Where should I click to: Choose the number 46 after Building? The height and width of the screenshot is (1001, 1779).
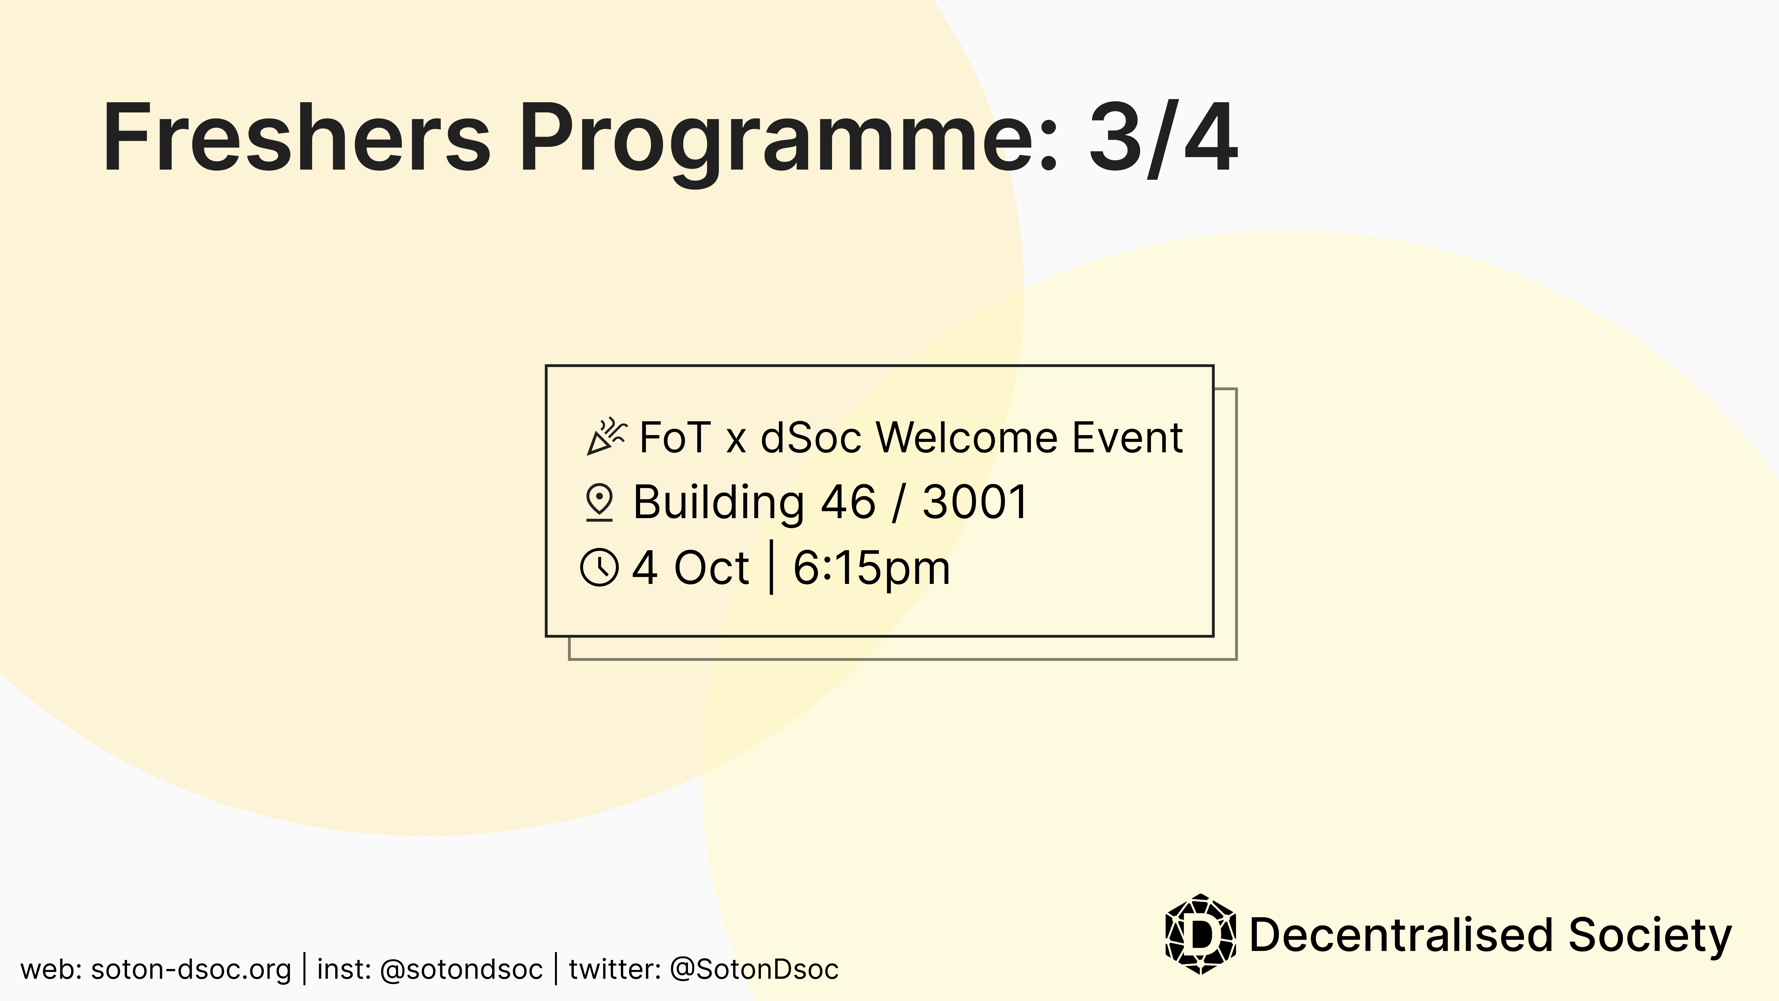point(848,502)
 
